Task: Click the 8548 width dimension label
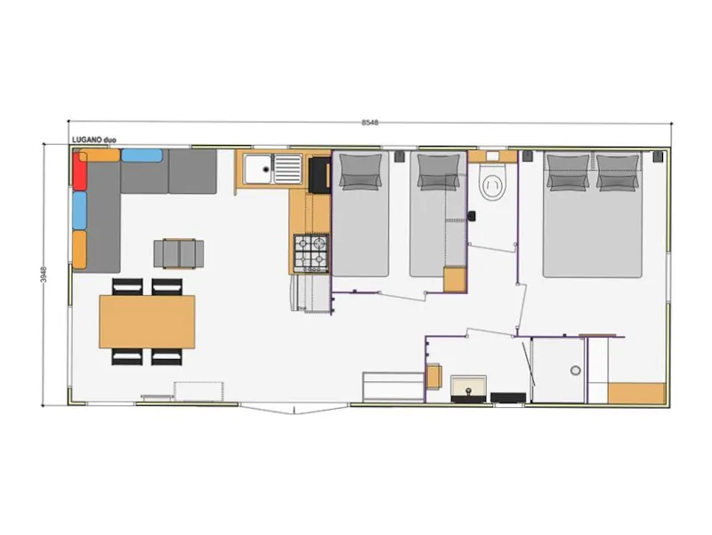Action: pos(370,123)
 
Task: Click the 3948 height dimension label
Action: pos(43,276)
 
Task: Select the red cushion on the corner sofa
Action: pos(79,171)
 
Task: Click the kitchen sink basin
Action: pos(261,167)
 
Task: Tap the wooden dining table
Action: pos(147,321)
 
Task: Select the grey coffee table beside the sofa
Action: pos(179,253)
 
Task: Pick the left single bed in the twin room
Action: pos(360,218)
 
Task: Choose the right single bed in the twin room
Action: pos(437,218)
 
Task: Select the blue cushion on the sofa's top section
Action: pos(142,156)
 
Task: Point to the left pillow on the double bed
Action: pos(568,172)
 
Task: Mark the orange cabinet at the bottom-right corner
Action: pos(636,392)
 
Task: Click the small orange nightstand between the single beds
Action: pos(455,279)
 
